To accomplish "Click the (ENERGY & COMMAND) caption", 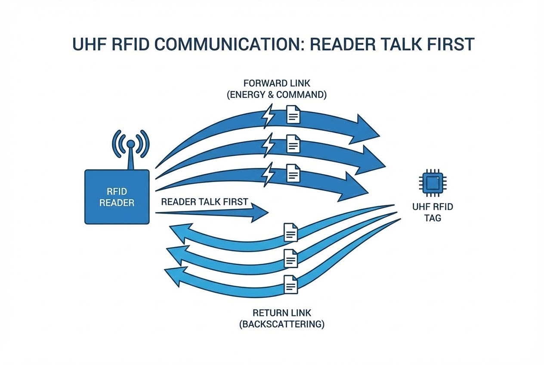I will point(276,95).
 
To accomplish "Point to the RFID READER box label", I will point(117,197).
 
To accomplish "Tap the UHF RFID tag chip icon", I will point(431,182).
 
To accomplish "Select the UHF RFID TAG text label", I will point(433,212).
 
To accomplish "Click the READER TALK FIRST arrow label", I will point(204,201).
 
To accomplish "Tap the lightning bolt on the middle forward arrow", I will point(269,145).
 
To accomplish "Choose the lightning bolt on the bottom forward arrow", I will point(269,173).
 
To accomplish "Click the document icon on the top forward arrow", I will point(294,115).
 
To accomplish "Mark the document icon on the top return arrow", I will point(291,232).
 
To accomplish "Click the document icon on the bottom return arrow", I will point(291,285).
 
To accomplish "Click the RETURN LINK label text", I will point(282,313).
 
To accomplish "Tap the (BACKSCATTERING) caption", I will point(282,324).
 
